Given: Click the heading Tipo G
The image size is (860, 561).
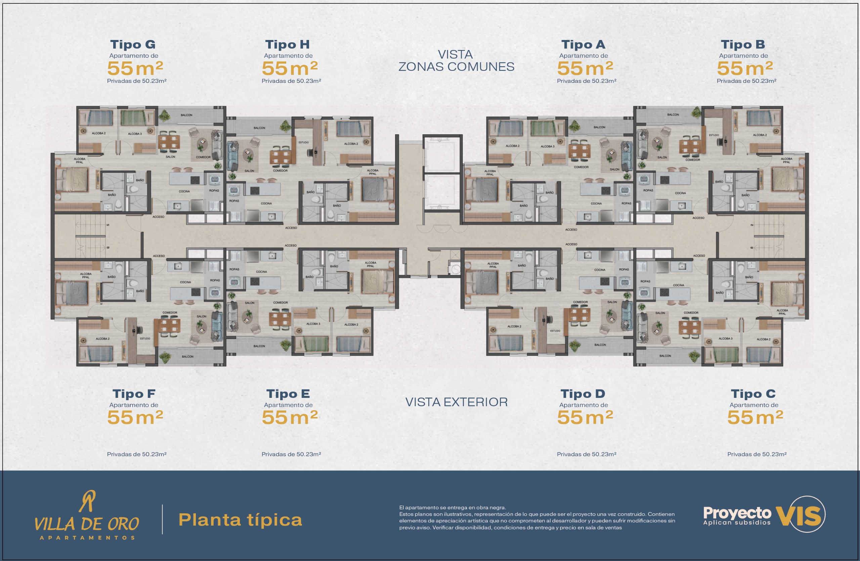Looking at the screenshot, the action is coord(133,44).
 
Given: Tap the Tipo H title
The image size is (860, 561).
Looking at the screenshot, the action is coord(287,44).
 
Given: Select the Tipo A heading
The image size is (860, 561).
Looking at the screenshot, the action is coord(583,44).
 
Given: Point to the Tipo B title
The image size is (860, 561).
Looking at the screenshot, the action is coord(742,44).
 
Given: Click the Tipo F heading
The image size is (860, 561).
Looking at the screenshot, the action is coord(134,393).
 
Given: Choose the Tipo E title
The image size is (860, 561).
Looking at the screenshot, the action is coord(288,393).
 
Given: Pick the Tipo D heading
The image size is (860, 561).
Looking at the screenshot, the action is coord(583,393).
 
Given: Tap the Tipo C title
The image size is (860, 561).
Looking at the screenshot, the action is coord(753,393).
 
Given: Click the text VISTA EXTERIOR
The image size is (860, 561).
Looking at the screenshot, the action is coord(457,402).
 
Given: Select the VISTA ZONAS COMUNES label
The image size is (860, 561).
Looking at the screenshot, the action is coord(456,61).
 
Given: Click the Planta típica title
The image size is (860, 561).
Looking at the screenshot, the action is coord(240,520).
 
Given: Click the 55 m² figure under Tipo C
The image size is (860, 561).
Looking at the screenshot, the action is coord(755,418).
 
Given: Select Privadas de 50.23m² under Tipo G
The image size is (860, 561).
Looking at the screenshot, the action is coord(137,81).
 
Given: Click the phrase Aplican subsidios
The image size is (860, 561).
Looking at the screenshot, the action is coord(737,522).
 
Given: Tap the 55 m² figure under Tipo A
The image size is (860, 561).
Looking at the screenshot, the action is coord(585,68).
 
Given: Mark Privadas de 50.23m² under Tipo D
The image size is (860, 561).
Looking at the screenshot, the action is coord(587,454).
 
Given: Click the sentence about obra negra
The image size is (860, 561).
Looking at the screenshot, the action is coord(453,508).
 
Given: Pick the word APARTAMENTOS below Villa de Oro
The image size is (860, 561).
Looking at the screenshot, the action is coord(87,537).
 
